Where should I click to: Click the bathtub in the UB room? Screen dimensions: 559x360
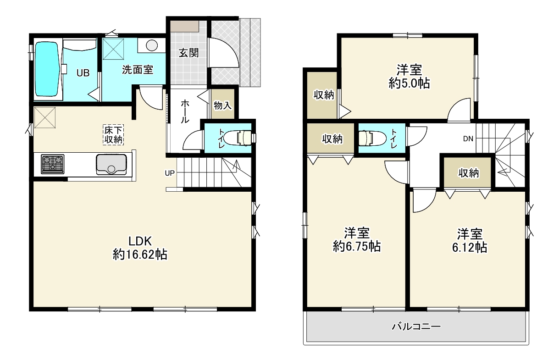click(47, 69)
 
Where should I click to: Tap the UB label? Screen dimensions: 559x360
click(83, 73)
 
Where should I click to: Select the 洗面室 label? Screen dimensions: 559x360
click(138, 70)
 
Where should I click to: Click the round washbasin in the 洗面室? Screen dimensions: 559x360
click(152, 45)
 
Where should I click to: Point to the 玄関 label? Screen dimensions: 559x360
click(188, 53)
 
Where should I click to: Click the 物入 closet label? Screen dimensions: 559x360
click(222, 105)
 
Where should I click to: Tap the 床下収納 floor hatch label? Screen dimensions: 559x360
click(114, 135)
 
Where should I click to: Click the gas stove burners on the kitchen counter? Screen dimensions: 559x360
click(53, 164)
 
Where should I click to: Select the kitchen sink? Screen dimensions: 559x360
click(111, 165)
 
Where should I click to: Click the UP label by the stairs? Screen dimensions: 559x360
click(170, 173)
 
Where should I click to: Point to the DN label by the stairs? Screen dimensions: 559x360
click(468, 139)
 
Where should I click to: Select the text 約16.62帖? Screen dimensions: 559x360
click(140, 255)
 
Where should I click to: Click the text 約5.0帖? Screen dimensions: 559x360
click(409, 83)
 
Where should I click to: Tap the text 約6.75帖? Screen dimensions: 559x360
click(357, 247)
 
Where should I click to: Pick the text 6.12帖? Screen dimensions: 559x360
click(470, 247)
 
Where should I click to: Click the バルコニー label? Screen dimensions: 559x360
click(416, 327)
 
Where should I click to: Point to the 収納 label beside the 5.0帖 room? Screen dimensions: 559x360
click(324, 95)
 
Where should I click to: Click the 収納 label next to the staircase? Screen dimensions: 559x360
click(468, 173)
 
